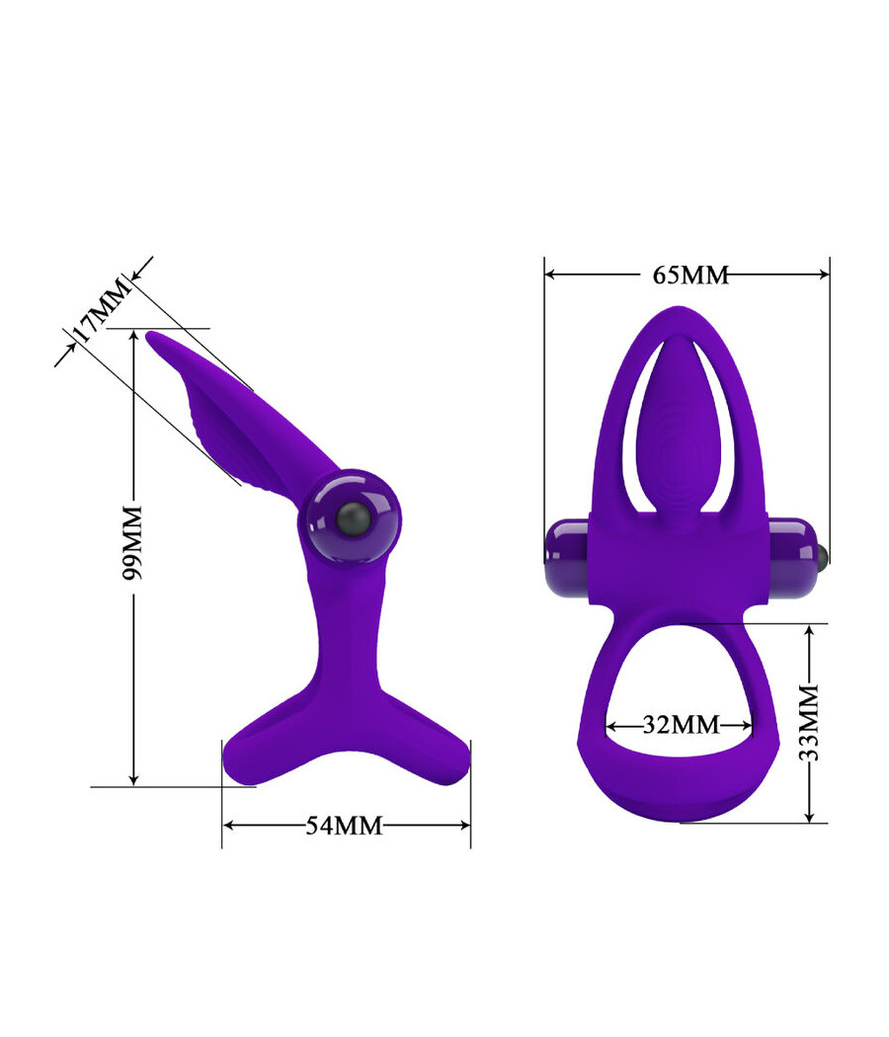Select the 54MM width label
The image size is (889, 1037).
click(x=344, y=826)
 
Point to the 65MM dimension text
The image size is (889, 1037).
click(x=690, y=275)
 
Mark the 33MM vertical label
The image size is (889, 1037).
click(x=809, y=721)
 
